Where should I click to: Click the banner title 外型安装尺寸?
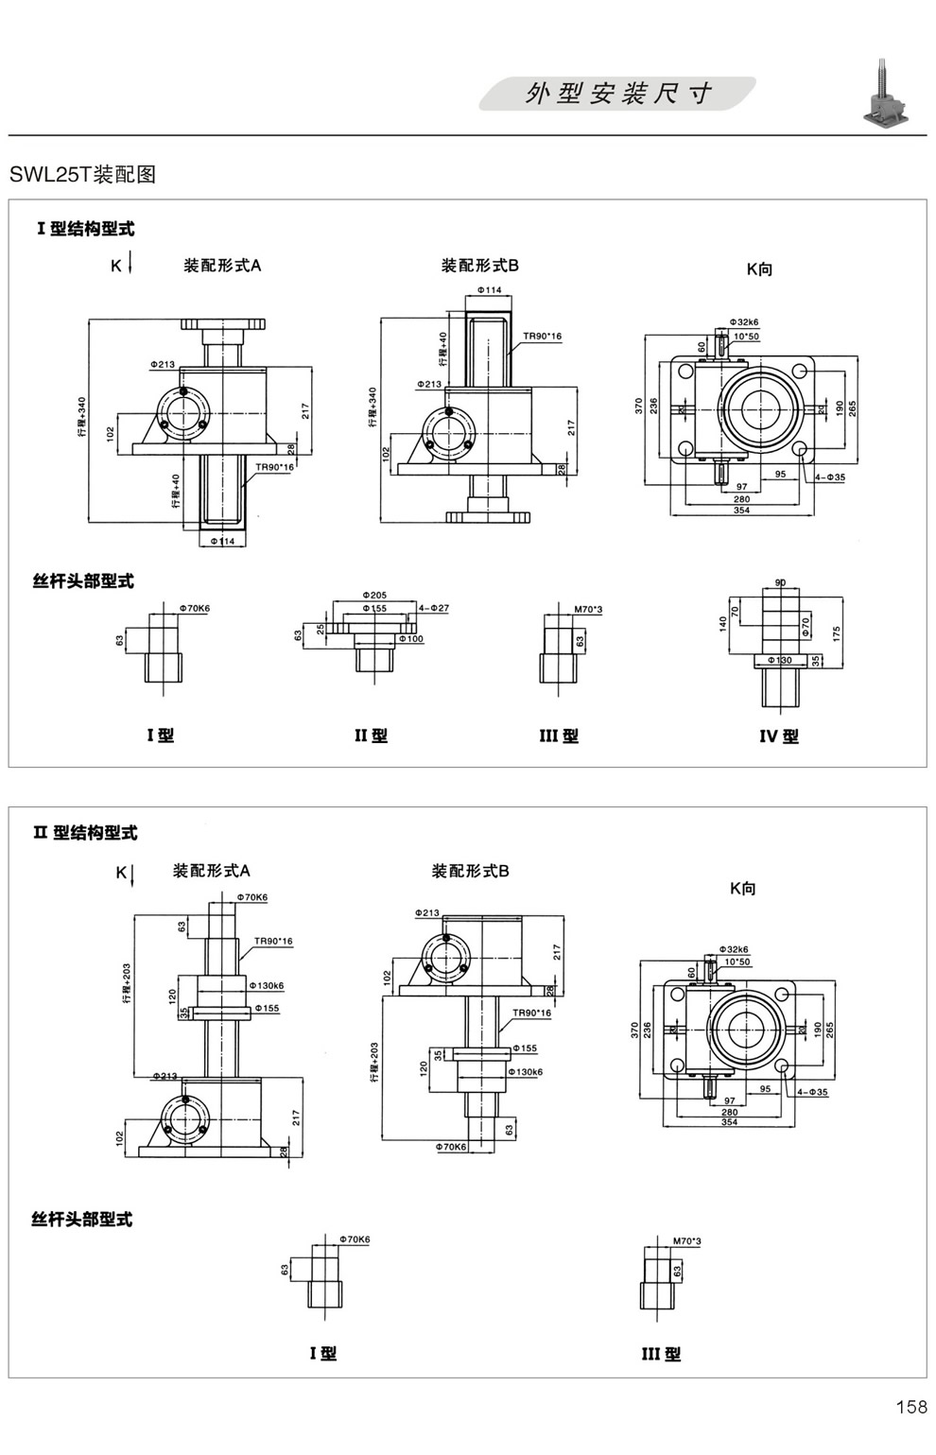coord(618,94)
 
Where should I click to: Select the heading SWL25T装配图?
coord(82,174)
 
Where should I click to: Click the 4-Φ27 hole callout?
coord(434,609)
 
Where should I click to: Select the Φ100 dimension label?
coord(411,639)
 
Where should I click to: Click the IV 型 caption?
coord(778,736)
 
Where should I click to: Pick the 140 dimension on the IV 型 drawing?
coord(723,624)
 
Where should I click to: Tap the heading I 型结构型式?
coord(85,229)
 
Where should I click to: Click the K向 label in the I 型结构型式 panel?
coord(759,269)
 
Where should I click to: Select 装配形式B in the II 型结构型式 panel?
coord(470,871)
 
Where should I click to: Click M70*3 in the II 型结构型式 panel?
coord(686,1240)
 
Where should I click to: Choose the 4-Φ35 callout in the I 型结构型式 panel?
coord(829,477)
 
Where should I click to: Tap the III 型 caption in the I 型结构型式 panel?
coord(558,736)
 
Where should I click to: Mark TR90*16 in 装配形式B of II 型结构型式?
coord(531,1013)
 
